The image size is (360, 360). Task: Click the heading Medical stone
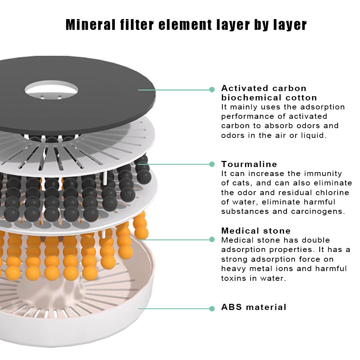coord(256,230)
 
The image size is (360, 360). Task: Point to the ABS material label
coord(254,307)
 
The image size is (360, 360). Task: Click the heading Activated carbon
coord(264,88)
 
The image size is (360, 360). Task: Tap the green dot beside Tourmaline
coord(212,164)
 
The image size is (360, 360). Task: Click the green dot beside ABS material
coord(212,309)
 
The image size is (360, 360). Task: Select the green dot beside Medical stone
coord(212,239)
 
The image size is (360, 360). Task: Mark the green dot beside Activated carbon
coord(212,90)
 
